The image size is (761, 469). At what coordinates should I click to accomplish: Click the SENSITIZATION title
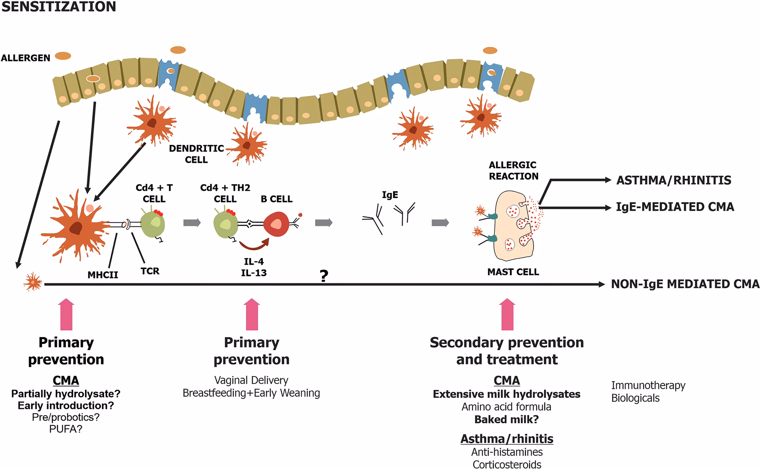coord(59,6)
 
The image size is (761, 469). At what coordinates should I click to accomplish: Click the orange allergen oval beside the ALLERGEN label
coord(63,56)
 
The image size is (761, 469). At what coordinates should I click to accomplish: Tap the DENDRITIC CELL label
coord(196,154)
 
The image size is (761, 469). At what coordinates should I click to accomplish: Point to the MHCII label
coord(103,274)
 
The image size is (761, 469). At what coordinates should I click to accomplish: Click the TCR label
coord(149,271)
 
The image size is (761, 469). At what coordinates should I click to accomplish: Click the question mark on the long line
coord(324,276)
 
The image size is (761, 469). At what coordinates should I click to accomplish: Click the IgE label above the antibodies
coord(390,195)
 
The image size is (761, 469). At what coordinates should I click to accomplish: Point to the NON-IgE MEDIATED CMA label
coord(685,284)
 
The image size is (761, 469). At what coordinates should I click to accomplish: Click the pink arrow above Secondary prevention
coord(507,315)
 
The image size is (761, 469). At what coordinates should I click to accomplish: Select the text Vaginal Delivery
coord(251,380)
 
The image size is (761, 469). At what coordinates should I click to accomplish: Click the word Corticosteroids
coord(507,464)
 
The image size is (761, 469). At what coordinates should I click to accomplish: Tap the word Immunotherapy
coord(648,385)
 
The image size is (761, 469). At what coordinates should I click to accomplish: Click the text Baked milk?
coord(507,419)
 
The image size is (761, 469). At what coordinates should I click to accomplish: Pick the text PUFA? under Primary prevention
coord(66,429)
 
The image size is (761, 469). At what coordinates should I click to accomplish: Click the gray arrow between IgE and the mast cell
coord(440,223)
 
